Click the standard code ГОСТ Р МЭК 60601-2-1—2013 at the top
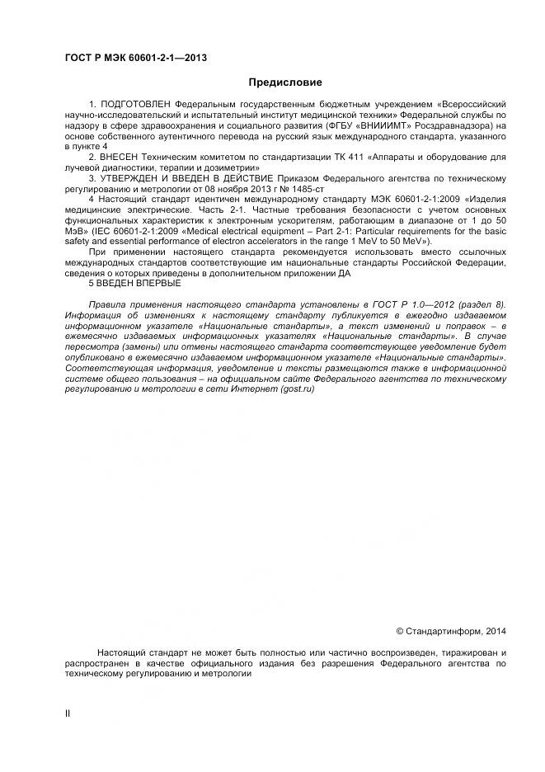(135, 57)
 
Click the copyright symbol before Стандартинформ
(399, 631)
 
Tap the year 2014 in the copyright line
(493, 631)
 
